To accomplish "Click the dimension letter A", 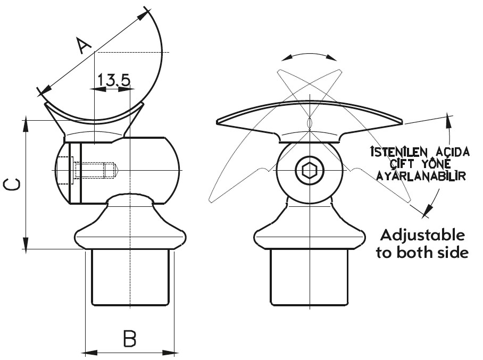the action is point(84,45).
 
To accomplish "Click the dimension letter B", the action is point(129,338).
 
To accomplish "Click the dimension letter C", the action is point(12,184).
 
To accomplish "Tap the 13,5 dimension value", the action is point(114,80).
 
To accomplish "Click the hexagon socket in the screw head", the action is point(309,170).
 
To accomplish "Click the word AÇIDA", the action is point(451,152).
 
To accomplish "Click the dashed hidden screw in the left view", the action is point(94,171).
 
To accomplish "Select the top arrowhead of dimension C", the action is point(26,125).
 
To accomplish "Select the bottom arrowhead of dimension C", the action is point(26,244).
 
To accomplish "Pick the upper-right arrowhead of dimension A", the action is point(143,16).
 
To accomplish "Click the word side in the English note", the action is point(455,253).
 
